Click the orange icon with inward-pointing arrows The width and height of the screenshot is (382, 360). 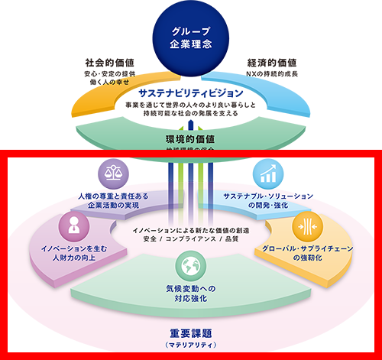pyautogui.click(x=307, y=225)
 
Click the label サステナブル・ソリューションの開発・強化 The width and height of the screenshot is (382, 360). pyautogui.click(x=266, y=201)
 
